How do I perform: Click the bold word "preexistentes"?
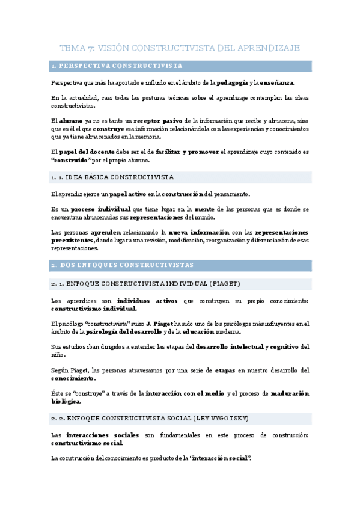tap(72, 240)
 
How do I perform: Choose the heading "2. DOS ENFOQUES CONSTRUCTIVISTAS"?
tap(122, 265)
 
